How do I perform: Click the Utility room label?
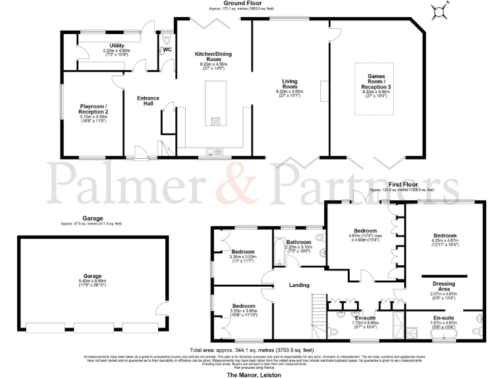click(x=107, y=46)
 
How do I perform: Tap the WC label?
click(x=167, y=49)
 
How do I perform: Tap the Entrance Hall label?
click(x=148, y=102)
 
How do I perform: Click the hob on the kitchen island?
click(x=215, y=119)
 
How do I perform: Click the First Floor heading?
click(x=405, y=186)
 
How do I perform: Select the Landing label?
click(x=299, y=285)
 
